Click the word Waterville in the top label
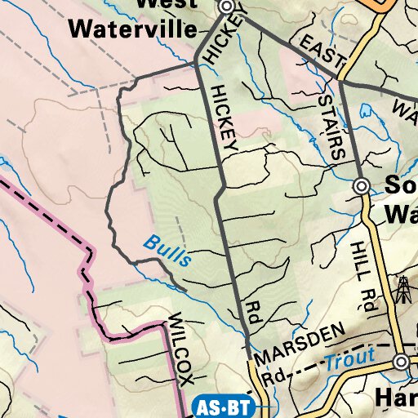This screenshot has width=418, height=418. tap(133, 29)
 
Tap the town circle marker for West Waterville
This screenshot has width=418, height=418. tap(227, 7)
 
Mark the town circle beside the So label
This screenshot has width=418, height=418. tap(361, 187)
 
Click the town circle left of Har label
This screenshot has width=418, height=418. tap(400, 362)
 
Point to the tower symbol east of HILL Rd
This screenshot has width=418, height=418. tap(402, 289)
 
